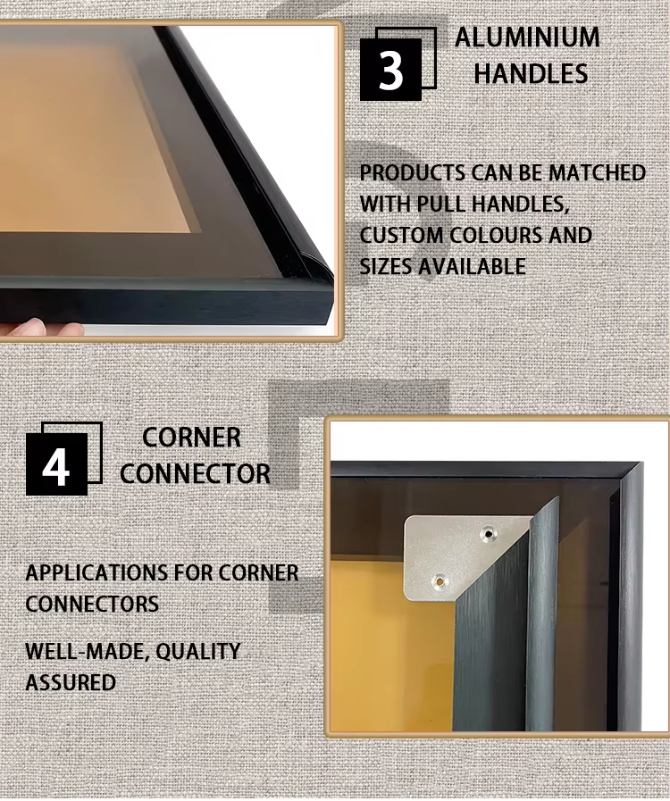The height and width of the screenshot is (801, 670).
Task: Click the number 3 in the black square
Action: [391, 71]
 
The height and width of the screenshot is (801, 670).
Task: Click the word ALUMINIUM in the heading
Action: [527, 38]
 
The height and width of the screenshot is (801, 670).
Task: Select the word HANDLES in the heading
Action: [531, 73]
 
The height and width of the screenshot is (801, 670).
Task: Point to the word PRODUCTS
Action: [413, 172]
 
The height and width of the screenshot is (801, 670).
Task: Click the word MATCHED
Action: [597, 172]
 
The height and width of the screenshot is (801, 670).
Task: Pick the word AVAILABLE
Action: [472, 267]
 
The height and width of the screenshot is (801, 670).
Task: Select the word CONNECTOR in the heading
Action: [196, 473]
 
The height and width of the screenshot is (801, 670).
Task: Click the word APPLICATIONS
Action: [97, 572]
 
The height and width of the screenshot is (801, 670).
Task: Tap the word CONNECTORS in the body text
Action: [92, 604]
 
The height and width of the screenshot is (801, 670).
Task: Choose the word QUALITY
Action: [197, 651]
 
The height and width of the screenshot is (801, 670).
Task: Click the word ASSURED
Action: [71, 683]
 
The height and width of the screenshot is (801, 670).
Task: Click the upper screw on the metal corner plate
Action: [489, 534]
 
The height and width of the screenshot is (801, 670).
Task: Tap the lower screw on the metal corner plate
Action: [439, 580]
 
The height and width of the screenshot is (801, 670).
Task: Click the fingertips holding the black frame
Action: [42, 327]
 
